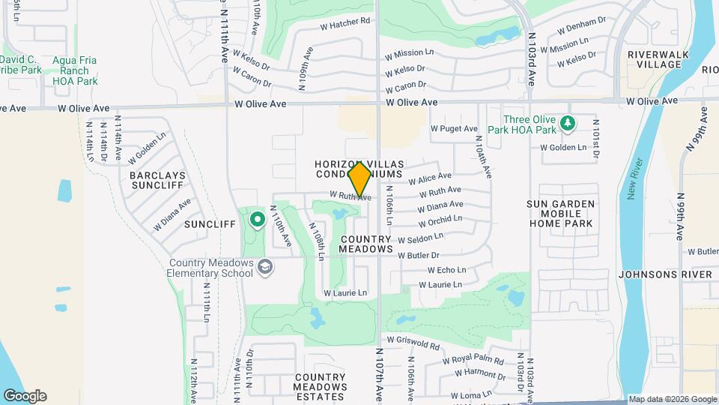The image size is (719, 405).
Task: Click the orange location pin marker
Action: pyautogui.click(x=360, y=178)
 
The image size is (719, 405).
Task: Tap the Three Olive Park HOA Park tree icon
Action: pyautogui.click(x=568, y=122)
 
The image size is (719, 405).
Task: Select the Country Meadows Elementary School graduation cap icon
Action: pyautogui.click(x=264, y=267)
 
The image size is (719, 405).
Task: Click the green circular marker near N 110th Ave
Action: pyautogui.click(x=258, y=220)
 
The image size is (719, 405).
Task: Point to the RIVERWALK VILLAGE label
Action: pyautogui.click(x=655, y=59)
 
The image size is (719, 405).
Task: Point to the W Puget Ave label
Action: pyautogui.click(x=453, y=128)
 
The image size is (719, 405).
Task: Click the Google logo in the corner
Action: pyautogui.click(x=25, y=396)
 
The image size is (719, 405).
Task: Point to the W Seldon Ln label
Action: pyautogui.click(x=420, y=238)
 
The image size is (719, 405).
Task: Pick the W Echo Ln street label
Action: pyautogui.click(x=446, y=270)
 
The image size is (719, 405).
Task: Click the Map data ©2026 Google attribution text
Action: pyautogui.click(x=672, y=399)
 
